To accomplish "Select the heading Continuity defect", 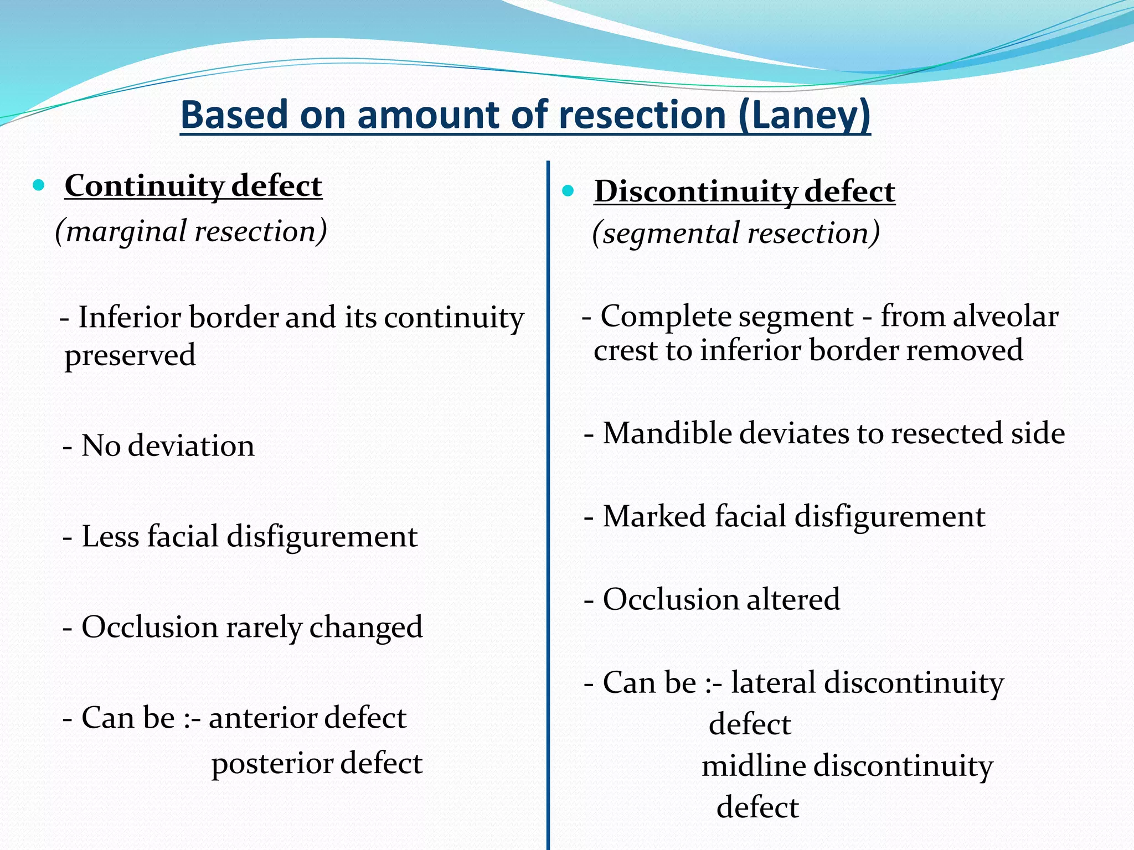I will click(x=193, y=185).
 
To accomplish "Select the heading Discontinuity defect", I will click(x=744, y=191).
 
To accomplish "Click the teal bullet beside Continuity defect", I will click(x=38, y=185).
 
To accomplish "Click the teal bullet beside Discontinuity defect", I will click(x=568, y=191).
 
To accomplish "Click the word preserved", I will click(x=130, y=355).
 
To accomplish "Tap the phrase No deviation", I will click(x=168, y=445).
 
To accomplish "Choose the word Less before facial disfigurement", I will click(x=110, y=536).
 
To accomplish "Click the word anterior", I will click(x=262, y=718).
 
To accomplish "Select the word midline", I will click(x=754, y=766).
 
